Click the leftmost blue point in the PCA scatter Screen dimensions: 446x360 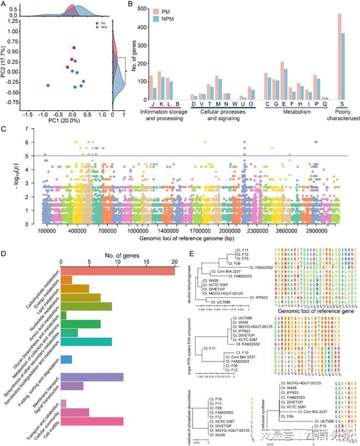pos(48,86)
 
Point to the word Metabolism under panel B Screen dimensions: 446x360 pos(295,111)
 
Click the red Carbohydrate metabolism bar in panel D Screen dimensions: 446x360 pos(117,270)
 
